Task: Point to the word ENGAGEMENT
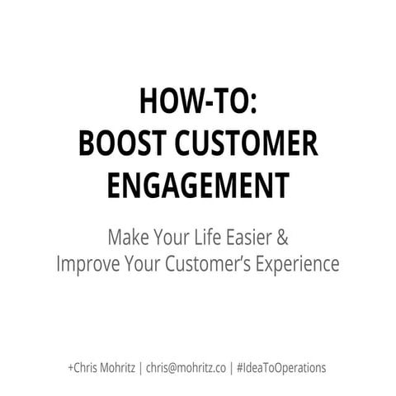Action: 197,184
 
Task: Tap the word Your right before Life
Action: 175,238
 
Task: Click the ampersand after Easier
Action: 282,238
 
